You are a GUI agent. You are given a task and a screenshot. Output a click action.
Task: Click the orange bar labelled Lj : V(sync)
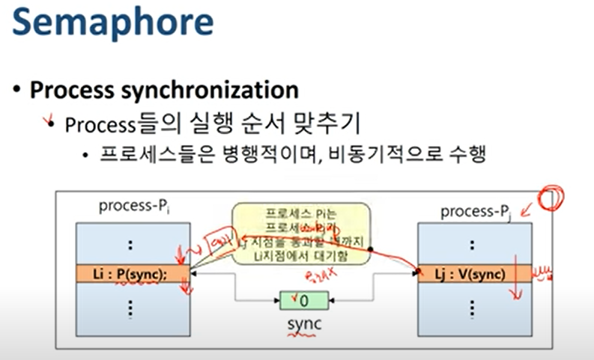pyautogui.click(x=470, y=273)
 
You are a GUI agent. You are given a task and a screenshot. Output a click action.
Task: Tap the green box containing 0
pyautogui.click(x=299, y=301)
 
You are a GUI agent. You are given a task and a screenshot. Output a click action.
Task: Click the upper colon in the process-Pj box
pyautogui.click(x=470, y=244)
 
